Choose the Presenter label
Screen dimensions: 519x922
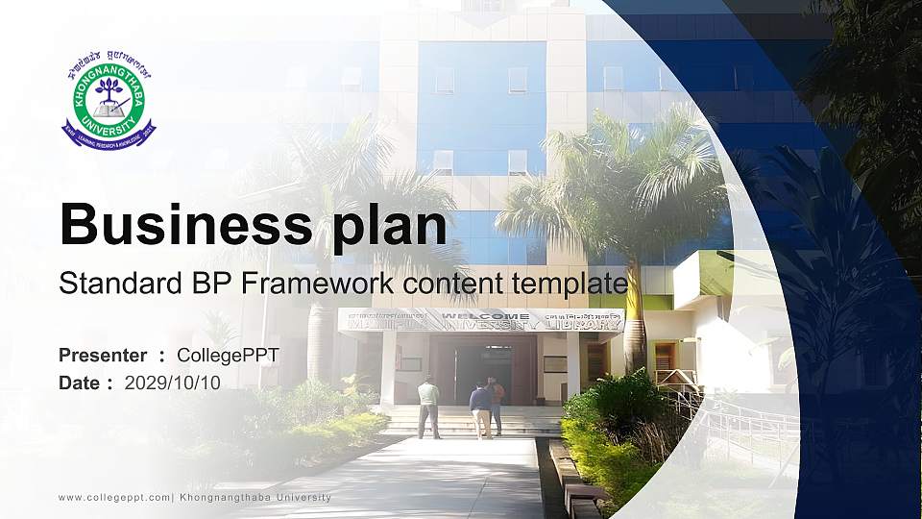coord(103,356)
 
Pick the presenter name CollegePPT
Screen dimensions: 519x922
coord(228,356)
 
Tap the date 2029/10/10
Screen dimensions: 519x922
coord(172,383)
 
